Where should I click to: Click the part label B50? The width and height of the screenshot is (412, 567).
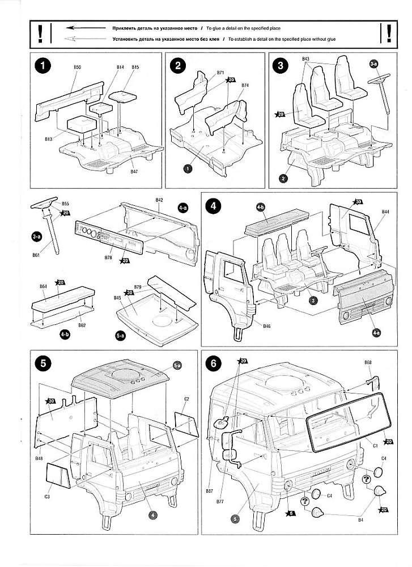point(78,67)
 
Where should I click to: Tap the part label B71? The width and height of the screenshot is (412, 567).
point(220,73)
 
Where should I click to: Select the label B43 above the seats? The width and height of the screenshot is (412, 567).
point(306,59)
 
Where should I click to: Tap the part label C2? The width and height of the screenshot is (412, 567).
point(186,399)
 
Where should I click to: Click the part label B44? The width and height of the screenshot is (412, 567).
point(385,211)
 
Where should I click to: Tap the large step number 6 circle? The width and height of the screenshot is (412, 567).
point(214,364)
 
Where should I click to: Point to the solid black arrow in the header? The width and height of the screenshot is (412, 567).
point(85,27)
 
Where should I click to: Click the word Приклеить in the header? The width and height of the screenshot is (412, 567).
point(124,27)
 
